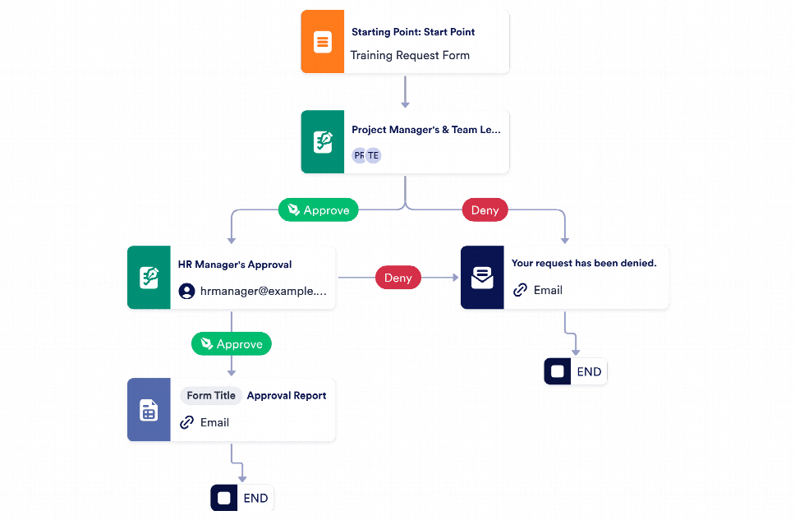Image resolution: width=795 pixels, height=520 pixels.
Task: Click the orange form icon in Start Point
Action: (x=322, y=42)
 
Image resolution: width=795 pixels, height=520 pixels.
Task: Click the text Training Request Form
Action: (x=410, y=56)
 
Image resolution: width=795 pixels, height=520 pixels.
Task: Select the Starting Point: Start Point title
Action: (x=413, y=32)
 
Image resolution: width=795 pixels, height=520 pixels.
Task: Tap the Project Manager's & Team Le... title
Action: (x=425, y=130)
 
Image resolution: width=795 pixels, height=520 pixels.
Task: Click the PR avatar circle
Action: (x=360, y=155)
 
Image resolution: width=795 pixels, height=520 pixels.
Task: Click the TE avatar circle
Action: (x=374, y=155)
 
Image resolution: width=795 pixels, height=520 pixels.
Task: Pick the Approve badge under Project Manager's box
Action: (x=319, y=210)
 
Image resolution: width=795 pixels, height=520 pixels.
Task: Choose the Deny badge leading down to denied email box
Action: (x=485, y=210)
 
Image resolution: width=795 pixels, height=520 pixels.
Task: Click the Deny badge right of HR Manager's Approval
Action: (x=398, y=278)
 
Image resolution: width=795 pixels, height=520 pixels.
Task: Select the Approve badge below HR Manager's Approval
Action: (x=231, y=343)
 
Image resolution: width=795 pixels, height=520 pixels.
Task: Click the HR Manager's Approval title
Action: (x=235, y=265)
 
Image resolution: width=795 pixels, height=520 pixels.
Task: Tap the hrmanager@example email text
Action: (x=263, y=291)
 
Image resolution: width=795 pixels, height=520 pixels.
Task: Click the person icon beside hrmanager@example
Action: (x=186, y=291)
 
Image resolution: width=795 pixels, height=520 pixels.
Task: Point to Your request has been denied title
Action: (x=584, y=264)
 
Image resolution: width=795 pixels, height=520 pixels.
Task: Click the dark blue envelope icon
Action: (x=482, y=278)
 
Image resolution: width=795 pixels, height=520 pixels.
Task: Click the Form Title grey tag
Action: (x=211, y=396)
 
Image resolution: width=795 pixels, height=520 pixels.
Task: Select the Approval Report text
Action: (x=287, y=396)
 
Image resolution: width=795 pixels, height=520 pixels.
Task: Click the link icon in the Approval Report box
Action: (x=186, y=422)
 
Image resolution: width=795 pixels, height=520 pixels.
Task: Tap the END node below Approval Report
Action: (x=242, y=498)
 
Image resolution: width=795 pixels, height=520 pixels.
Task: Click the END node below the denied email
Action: (x=576, y=371)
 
